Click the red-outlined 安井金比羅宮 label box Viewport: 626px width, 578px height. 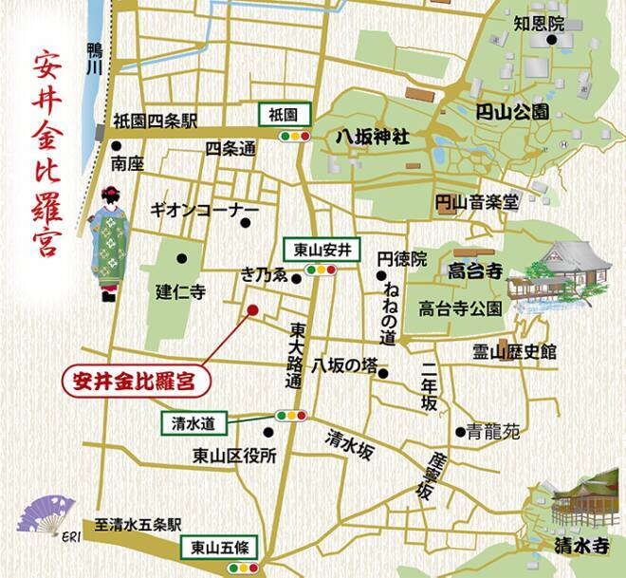(134, 382)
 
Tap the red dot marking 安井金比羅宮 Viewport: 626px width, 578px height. (252, 309)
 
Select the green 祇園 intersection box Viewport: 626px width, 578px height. (284, 114)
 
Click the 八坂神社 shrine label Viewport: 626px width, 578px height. (372, 137)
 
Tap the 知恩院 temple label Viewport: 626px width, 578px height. (538, 22)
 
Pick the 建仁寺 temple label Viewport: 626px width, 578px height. (180, 291)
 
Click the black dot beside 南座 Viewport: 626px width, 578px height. (116, 147)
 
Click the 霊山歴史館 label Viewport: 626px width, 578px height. (514, 352)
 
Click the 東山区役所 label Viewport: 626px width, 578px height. (233, 455)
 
